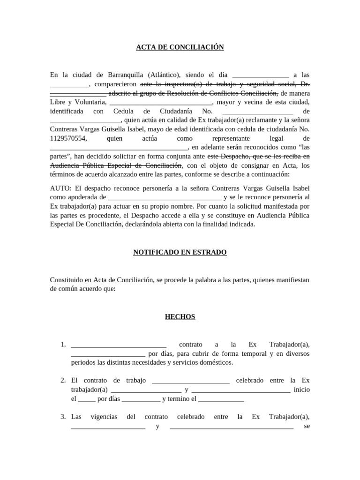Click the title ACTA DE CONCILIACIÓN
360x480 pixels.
pos(180,47)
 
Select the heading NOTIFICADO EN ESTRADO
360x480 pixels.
pos(180,253)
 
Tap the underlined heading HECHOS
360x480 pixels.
pos(180,317)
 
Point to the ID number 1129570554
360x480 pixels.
pos(68,138)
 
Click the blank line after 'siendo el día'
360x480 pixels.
pos(260,75)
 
